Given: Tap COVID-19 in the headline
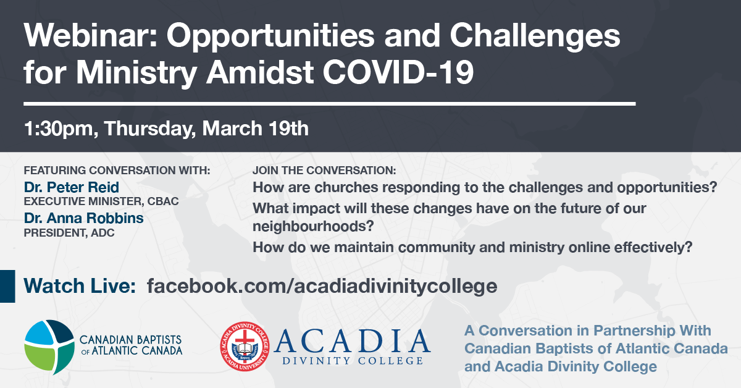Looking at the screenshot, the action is click(x=398, y=72).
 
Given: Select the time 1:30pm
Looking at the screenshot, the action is click(x=59, y=129).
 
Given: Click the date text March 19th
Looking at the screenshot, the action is click(x=256, y=128).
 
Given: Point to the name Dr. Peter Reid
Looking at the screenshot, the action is click(x=72, y=187).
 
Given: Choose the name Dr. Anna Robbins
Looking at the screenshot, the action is click(x=84, y=218).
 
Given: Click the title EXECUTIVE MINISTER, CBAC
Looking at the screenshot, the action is click(x=101, y=201).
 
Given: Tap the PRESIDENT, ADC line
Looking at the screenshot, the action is click(x=69, y=233).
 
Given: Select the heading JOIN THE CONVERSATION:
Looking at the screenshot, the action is click(x=324, y=170).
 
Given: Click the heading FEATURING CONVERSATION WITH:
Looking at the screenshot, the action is click(x=117, y=170).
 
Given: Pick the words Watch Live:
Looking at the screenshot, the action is click(x=80, y=285).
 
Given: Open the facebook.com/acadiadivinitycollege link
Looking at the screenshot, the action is click(x=322, y=286).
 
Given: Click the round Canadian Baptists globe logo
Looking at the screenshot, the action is click(x=49, y=347).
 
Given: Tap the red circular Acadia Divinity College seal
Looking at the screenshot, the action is click(x=245, y=346).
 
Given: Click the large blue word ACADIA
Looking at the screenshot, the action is click(x=352, y=340).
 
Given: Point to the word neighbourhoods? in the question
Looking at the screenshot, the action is click(x=313, y=227).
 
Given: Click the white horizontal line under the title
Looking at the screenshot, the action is click(x=330, y=104).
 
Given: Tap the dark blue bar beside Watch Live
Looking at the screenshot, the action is click(x=7, y=286).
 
